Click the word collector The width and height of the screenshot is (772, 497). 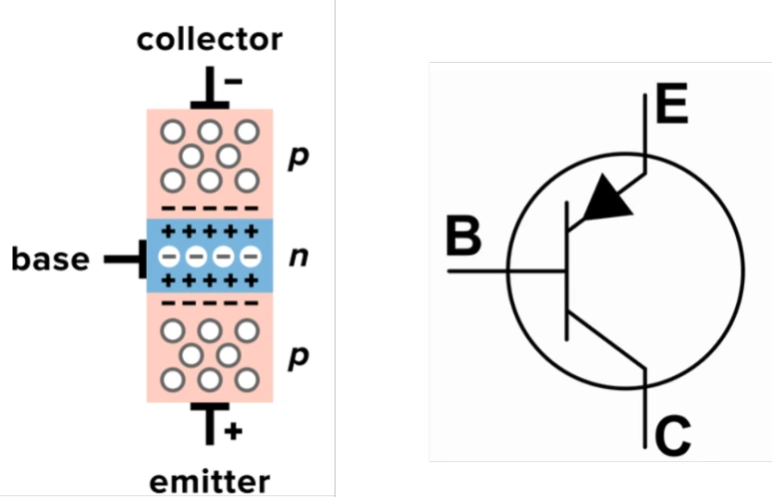coord(210,39)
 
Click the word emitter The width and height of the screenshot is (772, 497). coord(210,482)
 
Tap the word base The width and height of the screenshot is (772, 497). coord(50,258)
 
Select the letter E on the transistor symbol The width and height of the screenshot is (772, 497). coord(671,104)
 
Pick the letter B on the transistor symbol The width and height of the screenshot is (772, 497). coord(463,236)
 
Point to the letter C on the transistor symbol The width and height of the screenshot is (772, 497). coord(673,436)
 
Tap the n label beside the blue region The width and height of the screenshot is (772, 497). coord(299,256)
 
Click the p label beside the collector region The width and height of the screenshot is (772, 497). coord(299,159)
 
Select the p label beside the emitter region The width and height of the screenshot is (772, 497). coord(299,357)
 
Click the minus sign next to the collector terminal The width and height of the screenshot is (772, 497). coord(234,81)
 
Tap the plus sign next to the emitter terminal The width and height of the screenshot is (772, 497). coord(234,431)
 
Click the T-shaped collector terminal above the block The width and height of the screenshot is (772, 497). coord(210,88)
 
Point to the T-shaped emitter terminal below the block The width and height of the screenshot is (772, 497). coord(210,424)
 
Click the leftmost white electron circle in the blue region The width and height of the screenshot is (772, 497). coord(170,256)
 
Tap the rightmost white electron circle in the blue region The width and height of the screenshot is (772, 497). coord(251,256)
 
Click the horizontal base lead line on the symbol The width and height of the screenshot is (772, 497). coord(506,270)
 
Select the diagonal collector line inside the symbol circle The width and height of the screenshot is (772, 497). coord(606,339)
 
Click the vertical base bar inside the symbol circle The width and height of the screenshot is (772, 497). coord(567,270)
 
